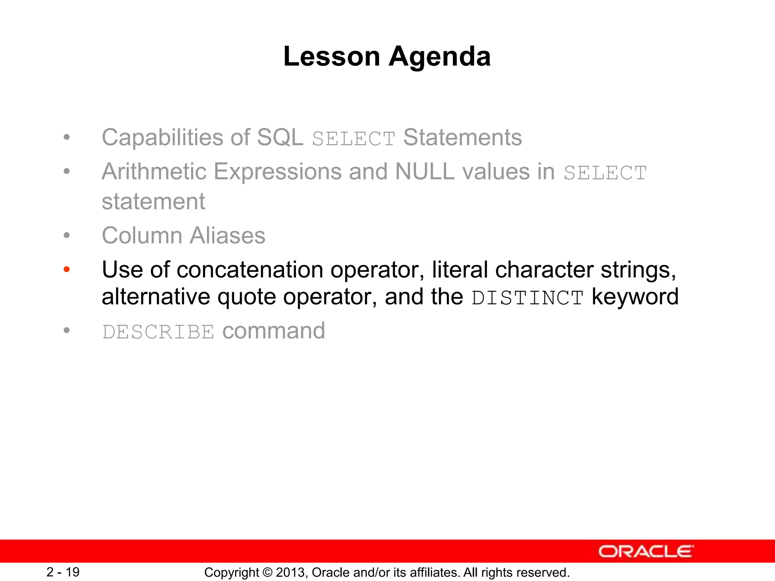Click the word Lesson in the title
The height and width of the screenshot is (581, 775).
pos(331,57)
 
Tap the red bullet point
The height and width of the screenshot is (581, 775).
pos(67,270)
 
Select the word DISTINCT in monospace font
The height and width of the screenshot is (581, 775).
pos(528,298)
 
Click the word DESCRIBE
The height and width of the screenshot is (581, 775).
pos(158,332)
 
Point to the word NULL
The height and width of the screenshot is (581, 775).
pos(424,172)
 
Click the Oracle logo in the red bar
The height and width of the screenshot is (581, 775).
pos(646,551)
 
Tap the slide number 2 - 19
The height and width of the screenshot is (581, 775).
pos(63,572)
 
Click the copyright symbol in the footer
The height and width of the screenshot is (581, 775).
pos(267,573)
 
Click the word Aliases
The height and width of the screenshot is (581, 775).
pos(227,236)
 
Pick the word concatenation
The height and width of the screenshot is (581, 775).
pos(250,270)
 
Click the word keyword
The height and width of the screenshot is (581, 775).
pos(635,297)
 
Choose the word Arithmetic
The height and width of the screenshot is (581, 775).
pos(154,172)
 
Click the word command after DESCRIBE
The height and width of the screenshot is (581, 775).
pos(273,331)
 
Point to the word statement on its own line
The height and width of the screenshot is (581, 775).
pos(153,202)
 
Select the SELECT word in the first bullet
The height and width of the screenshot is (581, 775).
pos(353,139)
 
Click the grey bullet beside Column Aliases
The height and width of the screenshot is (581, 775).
pos(67,236)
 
